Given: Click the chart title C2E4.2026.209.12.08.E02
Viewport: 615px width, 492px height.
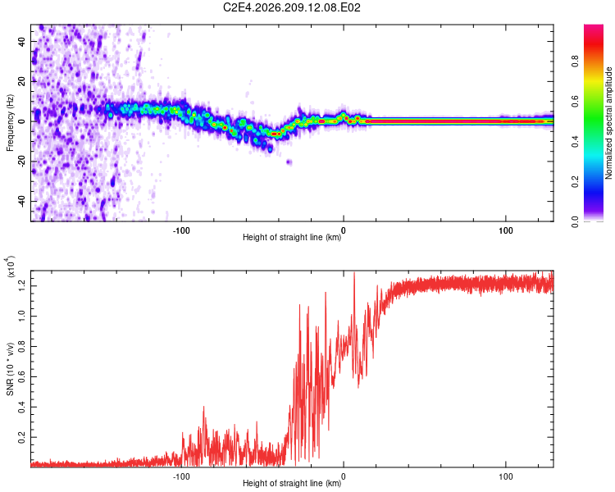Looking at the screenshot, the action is pos(291,7).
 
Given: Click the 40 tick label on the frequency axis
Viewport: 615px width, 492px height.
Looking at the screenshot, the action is pos(21,41).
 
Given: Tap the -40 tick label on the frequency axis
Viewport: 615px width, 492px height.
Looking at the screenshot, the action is pos(21,200).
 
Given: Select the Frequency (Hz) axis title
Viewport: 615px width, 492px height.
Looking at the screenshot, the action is pos(10,123).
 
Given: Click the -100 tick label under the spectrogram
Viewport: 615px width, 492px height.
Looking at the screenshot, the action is pos(181,230).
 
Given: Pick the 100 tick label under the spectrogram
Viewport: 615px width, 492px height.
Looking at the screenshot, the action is pos(506,230).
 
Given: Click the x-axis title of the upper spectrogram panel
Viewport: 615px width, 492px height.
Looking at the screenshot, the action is pos(292,237).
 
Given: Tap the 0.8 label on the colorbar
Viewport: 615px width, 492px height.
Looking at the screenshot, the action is pos(575,61).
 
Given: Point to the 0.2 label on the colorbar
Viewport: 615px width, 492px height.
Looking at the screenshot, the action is pos(575,182).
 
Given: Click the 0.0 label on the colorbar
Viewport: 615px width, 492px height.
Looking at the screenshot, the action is pos(575,221).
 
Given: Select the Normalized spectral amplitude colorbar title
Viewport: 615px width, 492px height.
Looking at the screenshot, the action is pos(608,123).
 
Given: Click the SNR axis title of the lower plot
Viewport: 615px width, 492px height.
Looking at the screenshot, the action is pos(10,369).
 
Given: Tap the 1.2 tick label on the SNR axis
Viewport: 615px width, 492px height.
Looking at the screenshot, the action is pos(21,286).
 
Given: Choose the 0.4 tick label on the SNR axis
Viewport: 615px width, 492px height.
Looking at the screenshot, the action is pos(21,407).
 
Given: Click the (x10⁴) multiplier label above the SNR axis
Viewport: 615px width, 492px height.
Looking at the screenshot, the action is pos(11,267).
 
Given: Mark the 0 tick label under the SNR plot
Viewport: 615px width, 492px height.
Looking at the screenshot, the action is pos(344,476).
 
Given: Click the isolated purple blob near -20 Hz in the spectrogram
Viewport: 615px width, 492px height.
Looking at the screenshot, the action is pos(289,162).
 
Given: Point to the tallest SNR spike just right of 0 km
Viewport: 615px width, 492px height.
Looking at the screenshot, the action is pos(354,273).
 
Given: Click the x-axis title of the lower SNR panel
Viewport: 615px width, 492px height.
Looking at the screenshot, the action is pos(292,483).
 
